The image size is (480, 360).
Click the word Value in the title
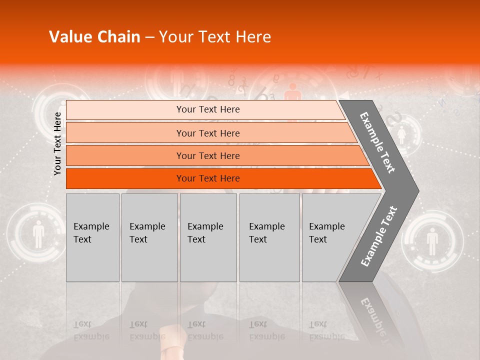point(69,37)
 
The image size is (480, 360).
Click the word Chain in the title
point(117,37)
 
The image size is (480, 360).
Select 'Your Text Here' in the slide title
point(214,37)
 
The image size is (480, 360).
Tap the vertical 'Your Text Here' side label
point(57,143)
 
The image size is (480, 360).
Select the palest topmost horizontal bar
point(208,109)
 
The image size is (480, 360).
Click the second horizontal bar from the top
point(208,133)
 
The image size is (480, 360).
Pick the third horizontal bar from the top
point(208,155)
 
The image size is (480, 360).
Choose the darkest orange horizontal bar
point(208,178)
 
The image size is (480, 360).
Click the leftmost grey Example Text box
point(92,237)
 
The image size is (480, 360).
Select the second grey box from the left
point(149,237)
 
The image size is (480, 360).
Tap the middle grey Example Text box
point(208,237)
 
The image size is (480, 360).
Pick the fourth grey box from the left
point(269,237)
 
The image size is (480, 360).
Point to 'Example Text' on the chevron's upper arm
point(377,142)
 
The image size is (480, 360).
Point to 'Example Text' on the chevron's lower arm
point(378,236)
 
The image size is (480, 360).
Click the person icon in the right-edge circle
point(432,241)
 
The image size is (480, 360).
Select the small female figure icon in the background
point(401,134)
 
